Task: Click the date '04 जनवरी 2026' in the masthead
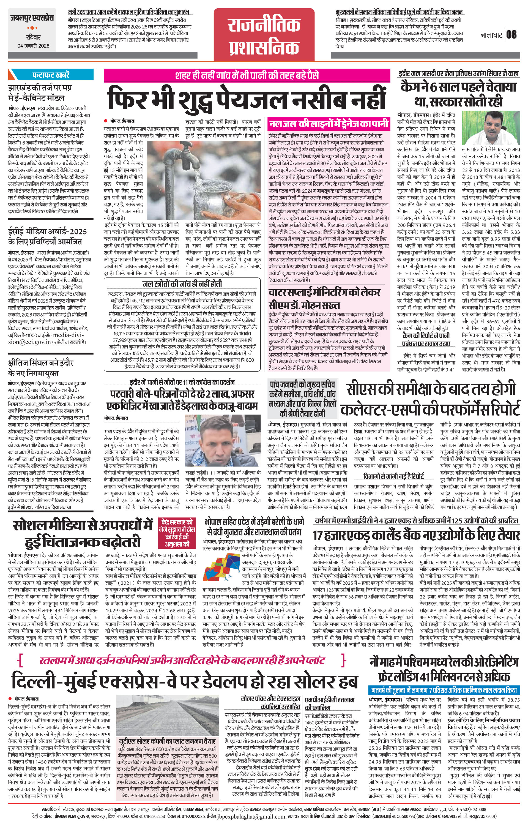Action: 33,46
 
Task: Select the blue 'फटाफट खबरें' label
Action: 51,74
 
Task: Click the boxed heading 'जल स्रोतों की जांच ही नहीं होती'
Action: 182,284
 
